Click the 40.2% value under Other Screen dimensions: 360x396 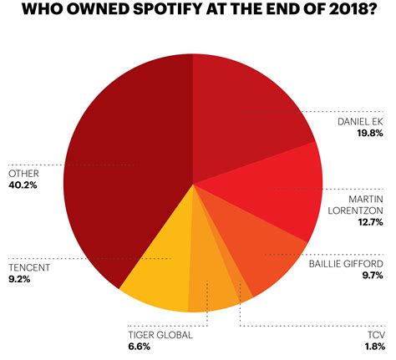(23, 185)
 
